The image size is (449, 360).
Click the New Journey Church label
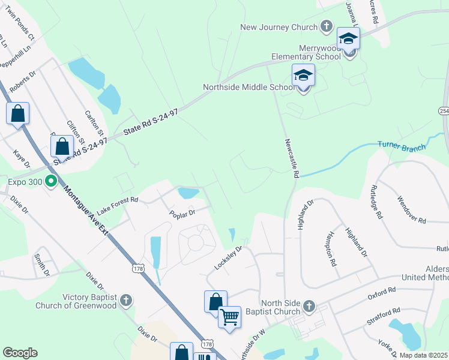278,27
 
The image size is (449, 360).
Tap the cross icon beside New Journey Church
326,26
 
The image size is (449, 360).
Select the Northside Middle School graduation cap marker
303,76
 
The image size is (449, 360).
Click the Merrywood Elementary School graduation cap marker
348,40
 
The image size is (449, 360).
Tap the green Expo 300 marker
52,181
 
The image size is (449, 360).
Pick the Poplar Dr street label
182,213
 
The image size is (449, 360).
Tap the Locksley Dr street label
228,257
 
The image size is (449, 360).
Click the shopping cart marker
229,316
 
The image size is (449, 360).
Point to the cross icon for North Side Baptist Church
309,307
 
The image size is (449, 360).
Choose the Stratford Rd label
384,318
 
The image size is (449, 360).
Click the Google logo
20,353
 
